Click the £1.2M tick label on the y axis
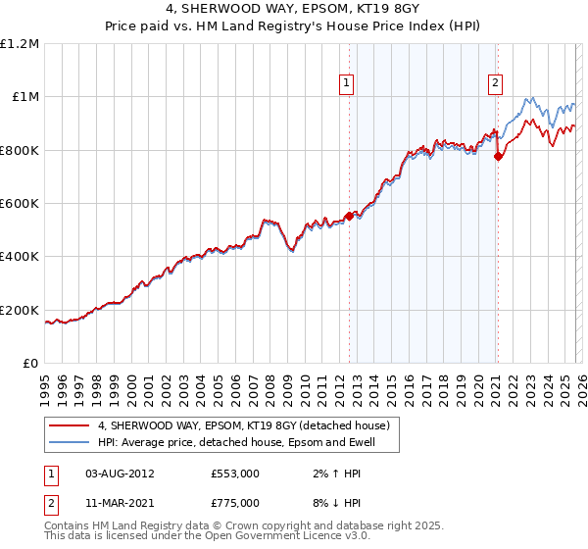coord(21,44)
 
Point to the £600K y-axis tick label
coord(21,204)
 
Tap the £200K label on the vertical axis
coord(21,310)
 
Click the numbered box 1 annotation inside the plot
coord(349,84)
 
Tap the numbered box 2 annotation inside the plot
coord(497,84)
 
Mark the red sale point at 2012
coord(349,216)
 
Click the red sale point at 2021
coord(498,156)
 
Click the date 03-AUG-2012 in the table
coord(120,473)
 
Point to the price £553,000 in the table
coord(235,473)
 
